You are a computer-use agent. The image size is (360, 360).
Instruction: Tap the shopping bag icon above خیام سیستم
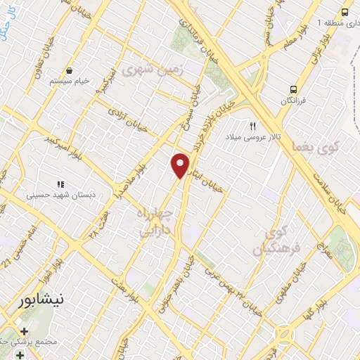point(70,71)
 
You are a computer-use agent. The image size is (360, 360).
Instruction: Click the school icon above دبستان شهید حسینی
point(60,184)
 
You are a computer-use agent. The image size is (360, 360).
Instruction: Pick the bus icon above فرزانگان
point(293,89)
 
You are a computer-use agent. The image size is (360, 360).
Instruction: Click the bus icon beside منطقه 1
point(345,12)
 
